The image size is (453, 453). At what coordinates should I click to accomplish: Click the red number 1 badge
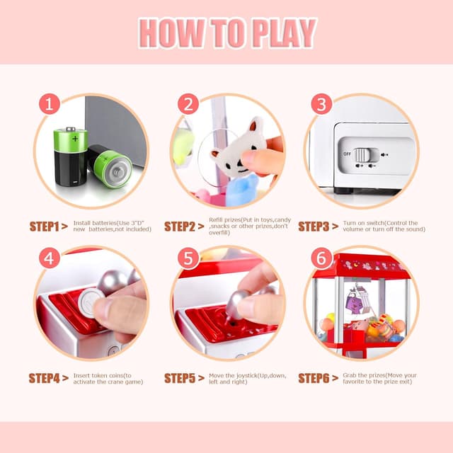click(48, 105)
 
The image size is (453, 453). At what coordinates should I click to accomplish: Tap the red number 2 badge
click(188, 105)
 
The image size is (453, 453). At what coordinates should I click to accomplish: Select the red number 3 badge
click(321, 105)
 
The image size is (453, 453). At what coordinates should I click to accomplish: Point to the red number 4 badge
click(48, 258)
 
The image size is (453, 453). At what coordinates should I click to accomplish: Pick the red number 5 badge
click(188, 258)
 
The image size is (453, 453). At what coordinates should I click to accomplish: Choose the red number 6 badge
click(321, 258)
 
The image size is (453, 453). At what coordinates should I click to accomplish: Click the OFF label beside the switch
click(347, 154)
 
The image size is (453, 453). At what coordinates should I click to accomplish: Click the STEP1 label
click(44, 226)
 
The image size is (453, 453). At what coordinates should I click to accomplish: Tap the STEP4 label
click(44, 378)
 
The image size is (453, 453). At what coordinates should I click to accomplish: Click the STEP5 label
click(180, 378)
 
